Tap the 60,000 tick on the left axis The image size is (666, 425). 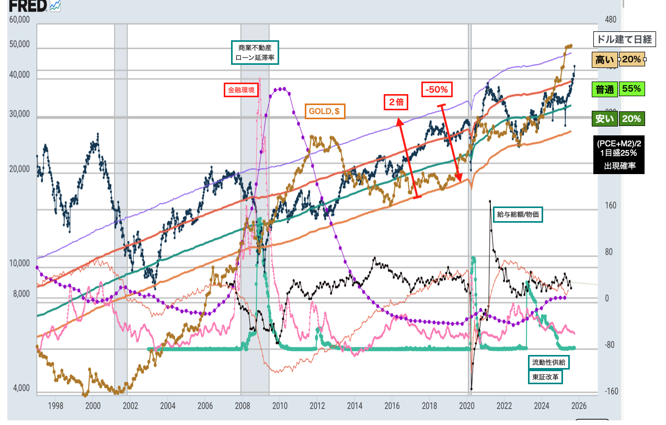click(x=20, y=20)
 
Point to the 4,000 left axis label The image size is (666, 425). click(x=20, y=388)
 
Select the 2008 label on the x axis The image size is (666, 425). click(x=242, y=406)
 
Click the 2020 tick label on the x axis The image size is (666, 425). click(x=467, y=406)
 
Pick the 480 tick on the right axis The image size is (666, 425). click(x=610, y=20)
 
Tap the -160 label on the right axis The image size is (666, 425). click(x=611, y=392)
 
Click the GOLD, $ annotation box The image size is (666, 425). click(x=325, y=111)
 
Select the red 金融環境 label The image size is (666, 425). click(x=241, y=90)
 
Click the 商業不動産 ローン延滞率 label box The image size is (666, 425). click(x=255, y=52)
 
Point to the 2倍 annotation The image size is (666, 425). click(x=396, y=102)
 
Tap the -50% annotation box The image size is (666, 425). click(x=437, y=89)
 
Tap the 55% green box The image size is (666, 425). click(x=631, y=89)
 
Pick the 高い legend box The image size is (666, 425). click(x=605, y=60)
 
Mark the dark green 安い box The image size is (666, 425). click(x=605, y=119)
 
